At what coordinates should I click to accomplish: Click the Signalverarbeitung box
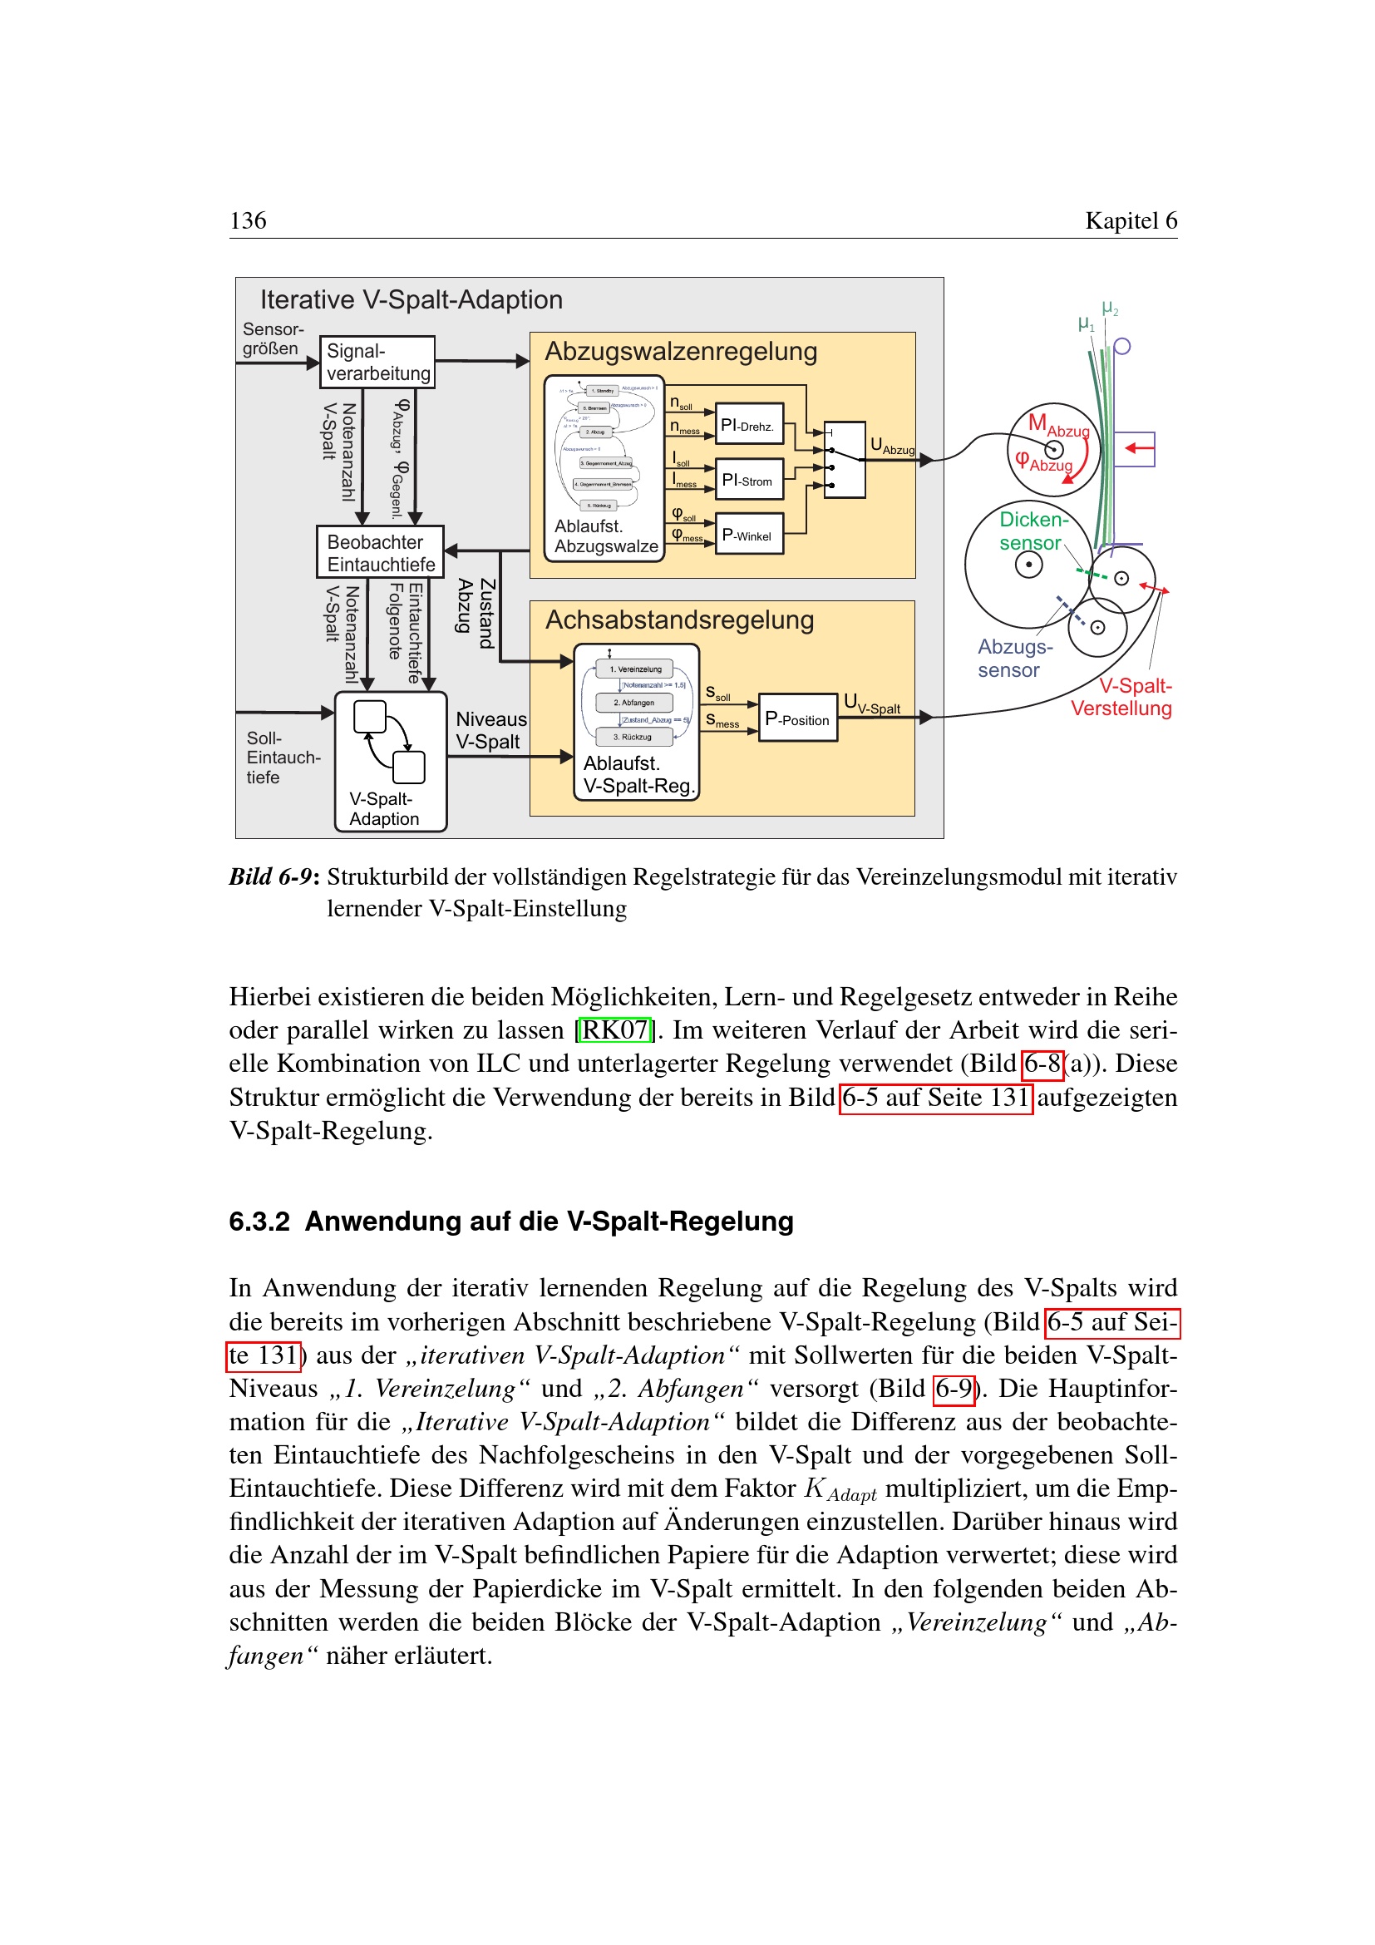point(377,363)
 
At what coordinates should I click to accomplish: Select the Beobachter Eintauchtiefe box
point(380,553)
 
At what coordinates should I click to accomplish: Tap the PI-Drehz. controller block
point(748,425)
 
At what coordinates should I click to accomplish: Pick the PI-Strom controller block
point(748,481)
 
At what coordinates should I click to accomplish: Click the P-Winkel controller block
point(748,535)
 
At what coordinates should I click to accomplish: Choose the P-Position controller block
point(796,718)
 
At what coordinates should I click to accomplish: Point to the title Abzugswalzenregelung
point(681,352)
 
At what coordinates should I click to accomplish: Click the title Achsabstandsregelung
point(679,620)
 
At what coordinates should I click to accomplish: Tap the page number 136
point(248,221)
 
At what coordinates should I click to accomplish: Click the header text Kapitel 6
point(1131,221)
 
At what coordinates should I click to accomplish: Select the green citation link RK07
point(614,1030)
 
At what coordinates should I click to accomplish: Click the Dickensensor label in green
point(1032,531)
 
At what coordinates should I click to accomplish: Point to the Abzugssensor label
point(1014,659)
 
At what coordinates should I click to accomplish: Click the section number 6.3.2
point(259,1222)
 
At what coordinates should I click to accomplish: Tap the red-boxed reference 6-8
point(1042,1064)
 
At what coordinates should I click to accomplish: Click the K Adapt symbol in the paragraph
point(840,1489)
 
